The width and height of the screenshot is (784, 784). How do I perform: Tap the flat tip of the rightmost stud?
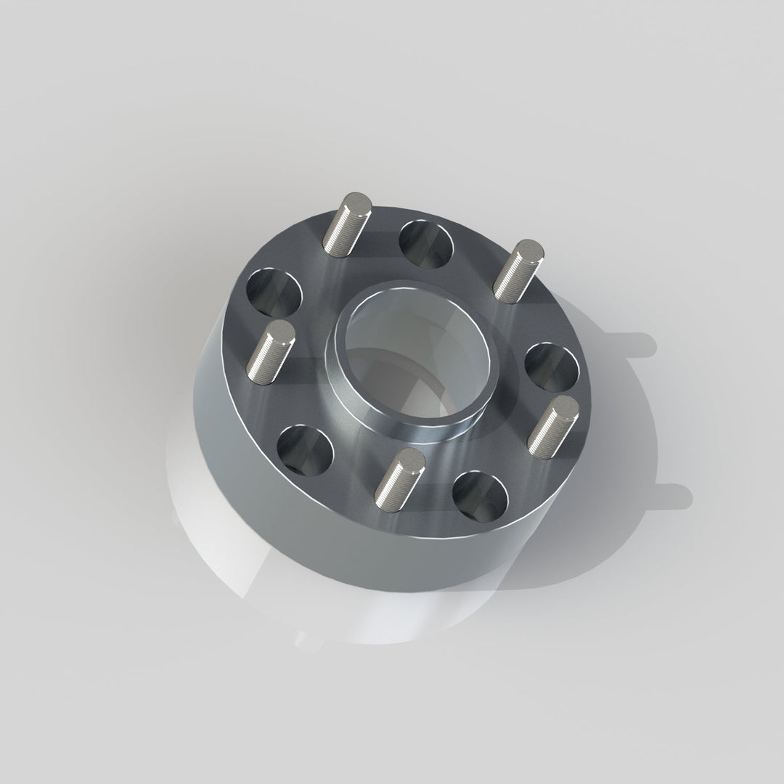563,407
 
